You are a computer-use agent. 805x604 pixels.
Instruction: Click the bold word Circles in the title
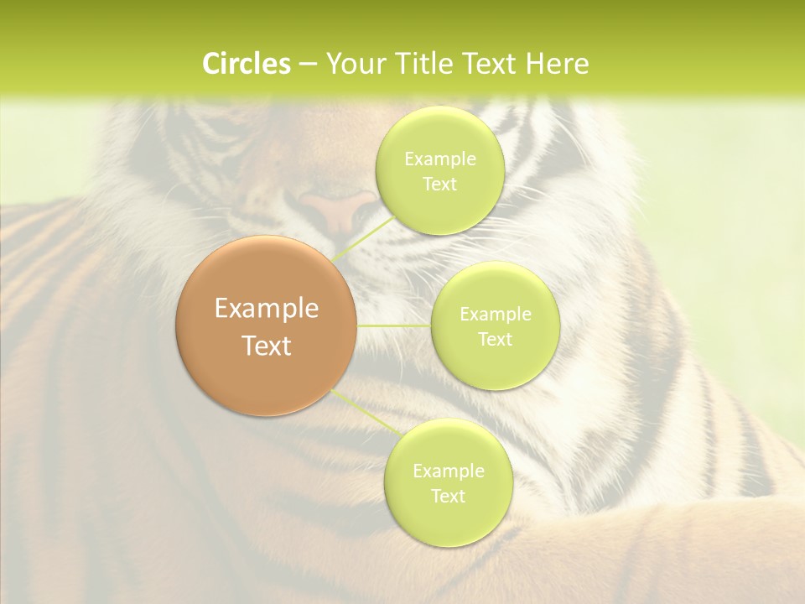[247, 64]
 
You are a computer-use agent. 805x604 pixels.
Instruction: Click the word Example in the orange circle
[267, 309]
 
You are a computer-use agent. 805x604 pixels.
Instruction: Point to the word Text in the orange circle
[267, 346]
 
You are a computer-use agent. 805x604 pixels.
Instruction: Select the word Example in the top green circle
[440, 159]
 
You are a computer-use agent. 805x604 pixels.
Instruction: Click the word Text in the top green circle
[439, 185]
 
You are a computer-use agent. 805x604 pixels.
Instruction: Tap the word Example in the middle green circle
[496, 315]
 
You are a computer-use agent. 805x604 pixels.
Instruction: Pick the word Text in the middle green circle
[495, 340]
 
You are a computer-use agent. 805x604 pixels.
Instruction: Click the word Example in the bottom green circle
[449, 471]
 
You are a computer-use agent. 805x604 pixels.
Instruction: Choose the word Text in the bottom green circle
[448, 497]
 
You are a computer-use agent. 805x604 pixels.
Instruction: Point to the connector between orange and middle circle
[394, 325]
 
